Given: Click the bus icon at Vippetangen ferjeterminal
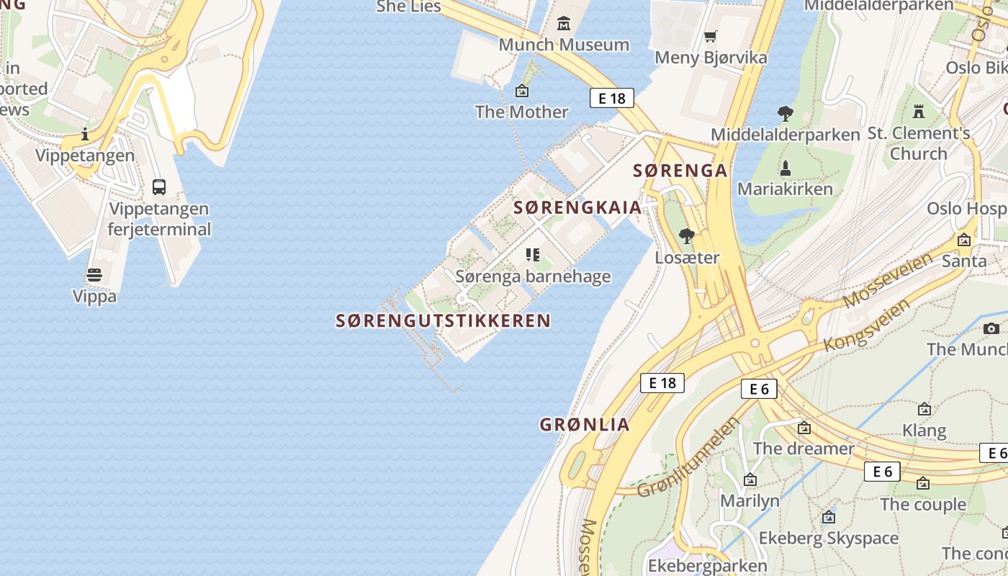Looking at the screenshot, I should click(x=159, y=187).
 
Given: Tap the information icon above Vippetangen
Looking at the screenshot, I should click(x=85, y=134).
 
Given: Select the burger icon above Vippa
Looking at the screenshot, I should click(x=94, y=274).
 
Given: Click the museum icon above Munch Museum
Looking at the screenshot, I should click(x=564, y=24).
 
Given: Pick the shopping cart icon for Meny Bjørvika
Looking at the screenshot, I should click(x=711, y=36).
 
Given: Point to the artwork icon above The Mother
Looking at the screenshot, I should click(x=522, y=91).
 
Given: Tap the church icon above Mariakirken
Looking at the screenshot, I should click(x=786, y=168).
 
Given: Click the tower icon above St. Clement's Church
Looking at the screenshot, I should click(x=918, y=112).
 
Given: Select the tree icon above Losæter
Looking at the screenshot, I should click(x=687, y=236).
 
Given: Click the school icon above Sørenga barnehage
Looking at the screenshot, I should click(x=533, y=255).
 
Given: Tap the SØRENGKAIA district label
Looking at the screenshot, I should click(x=577, y=207).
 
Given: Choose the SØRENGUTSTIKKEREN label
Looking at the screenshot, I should click(x=443, y=321).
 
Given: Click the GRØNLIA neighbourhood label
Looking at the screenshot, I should click(x=585, y=425).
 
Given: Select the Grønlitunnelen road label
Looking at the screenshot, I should click(x=688, y=458).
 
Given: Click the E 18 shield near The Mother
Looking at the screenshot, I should click(x=611, y=98).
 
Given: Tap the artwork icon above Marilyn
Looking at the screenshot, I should click(x=750, y=480).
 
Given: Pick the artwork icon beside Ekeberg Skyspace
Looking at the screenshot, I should click(x=829, y=517).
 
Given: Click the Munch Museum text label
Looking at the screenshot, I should click(x=564, y=45).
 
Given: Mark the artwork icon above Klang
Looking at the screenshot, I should click(x=924, y=410).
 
